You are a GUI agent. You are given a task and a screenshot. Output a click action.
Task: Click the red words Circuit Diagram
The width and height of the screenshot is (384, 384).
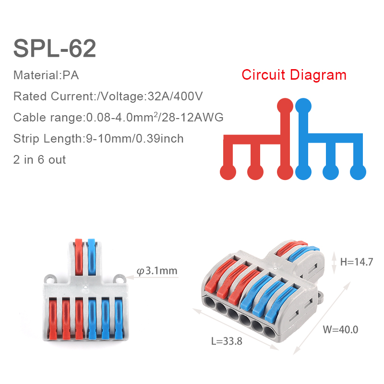pyautogui.click(x=294, y=75)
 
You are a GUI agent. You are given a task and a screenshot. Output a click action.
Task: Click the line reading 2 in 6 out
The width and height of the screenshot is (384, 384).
pyautogui.click(x=39, y=159)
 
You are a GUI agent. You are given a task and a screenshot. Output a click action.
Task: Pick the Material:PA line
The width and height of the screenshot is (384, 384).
pyautogui.click(x=46, y=75)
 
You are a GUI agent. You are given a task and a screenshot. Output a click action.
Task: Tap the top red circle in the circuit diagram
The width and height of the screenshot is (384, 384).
pyautogui.click(x=285, y=106)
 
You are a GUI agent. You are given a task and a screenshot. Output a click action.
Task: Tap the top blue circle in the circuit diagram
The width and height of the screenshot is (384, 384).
pyautogui.click(x=303, y=106)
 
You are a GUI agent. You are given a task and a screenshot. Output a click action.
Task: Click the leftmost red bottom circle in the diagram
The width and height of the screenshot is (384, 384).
pyautogui.click(x=227, y=171)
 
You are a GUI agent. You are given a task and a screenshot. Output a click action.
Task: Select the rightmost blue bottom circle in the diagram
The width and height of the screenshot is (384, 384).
pyautogui.click(x=358, y=171)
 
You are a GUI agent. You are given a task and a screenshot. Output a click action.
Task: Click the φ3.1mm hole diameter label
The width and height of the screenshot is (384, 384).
pyautogui.click(x=157, y=271)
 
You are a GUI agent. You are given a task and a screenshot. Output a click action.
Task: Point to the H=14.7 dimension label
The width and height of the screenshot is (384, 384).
pyautogui.click(x=357, y=262)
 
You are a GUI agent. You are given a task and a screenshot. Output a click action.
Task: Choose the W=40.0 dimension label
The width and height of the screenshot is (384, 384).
pyautogui.click(x=340, y=330)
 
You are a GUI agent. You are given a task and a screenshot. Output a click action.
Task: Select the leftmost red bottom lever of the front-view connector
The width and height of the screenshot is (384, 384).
pyautogui.click(x=53, y=318)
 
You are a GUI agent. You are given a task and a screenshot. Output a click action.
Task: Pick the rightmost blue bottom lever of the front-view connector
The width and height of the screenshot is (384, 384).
pyautogui.click(x=118, y=318)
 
